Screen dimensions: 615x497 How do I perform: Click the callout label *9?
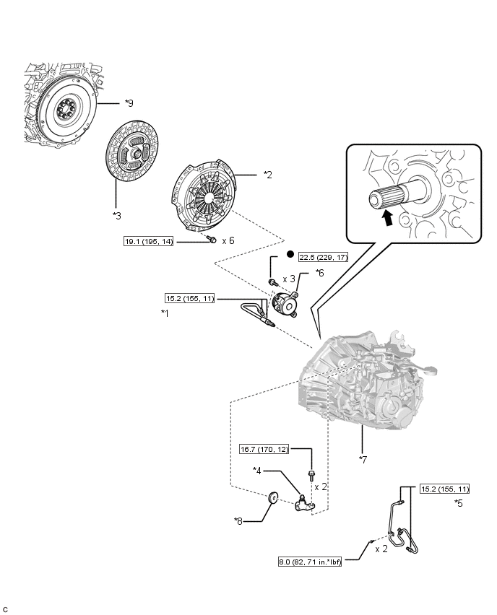[129, 104]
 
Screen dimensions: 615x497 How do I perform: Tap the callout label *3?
[116, 214]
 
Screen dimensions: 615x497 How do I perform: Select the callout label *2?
[267, 175]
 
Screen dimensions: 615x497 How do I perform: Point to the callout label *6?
[320, 274]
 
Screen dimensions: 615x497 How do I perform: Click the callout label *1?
[165, 313]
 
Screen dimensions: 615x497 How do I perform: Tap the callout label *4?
[256, 471]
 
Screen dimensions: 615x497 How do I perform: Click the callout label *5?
[458, 502]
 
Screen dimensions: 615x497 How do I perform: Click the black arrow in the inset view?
[388, 217]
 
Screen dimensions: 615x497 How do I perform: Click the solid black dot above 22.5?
[289, 255]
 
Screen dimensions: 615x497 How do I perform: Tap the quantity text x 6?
[228, 240]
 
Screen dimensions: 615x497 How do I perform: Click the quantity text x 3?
[289, 279]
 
